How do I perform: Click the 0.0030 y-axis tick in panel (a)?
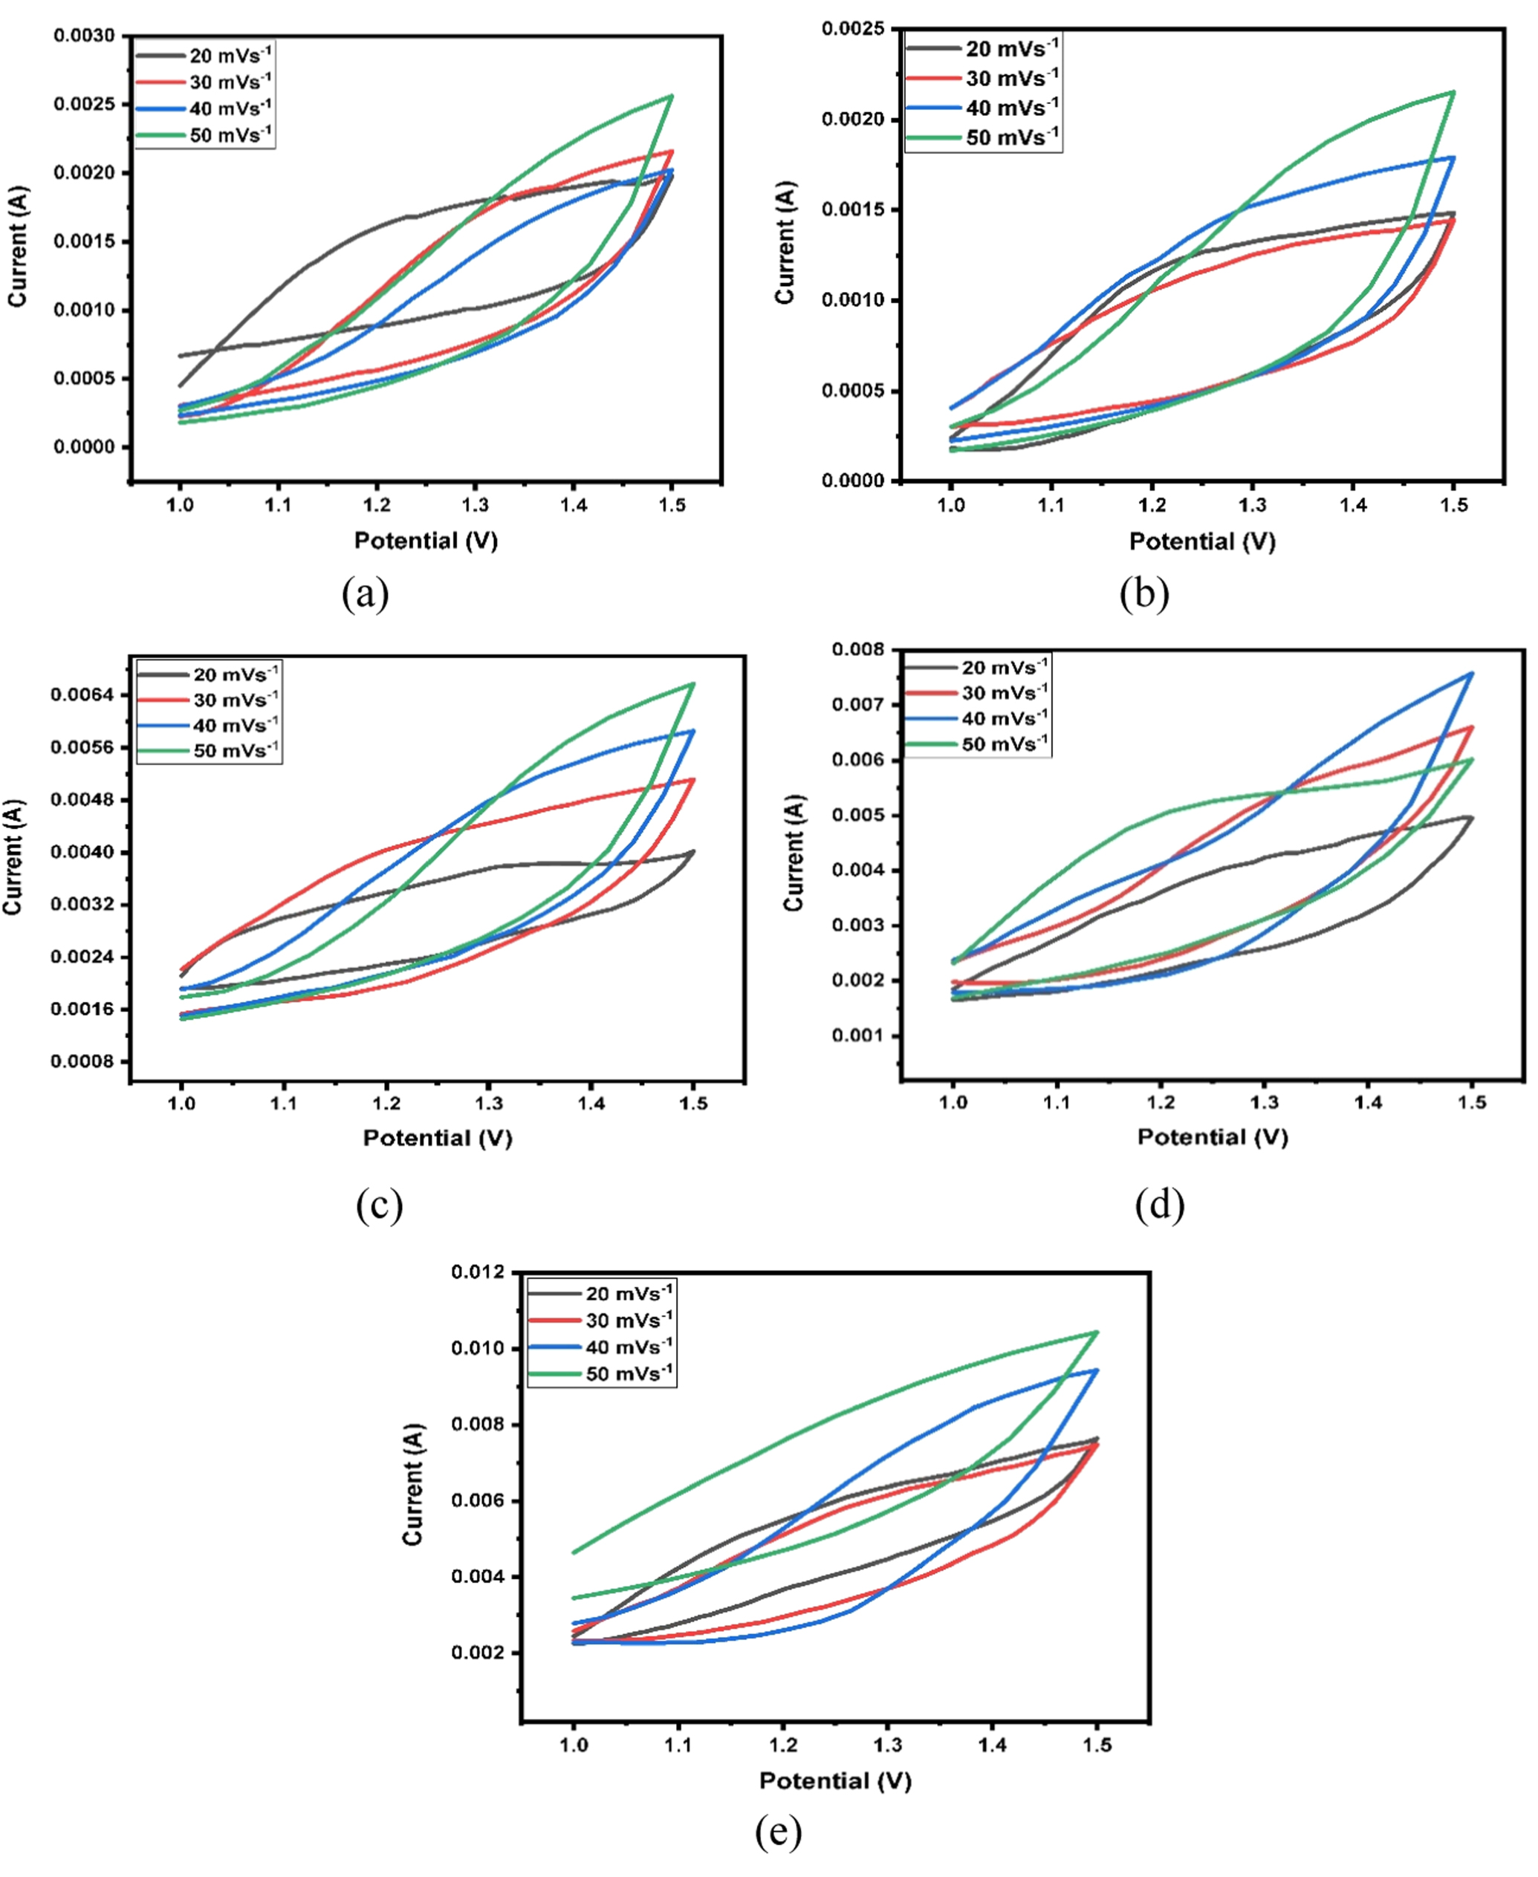(84, 36)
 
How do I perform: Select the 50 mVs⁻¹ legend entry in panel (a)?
(204, 134)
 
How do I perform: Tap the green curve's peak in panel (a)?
(672, 96)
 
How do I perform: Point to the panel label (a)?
(365, 593)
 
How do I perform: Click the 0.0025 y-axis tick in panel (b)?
(853, 29)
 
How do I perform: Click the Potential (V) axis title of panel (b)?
(1201, 541)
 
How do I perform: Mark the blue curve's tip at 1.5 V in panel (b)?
(1453, 157)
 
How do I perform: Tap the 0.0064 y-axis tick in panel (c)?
(82, 694)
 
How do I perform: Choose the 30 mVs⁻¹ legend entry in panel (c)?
(209, 700)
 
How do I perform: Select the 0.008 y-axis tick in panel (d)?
(858, 649)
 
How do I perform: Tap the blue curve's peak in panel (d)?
(1472, 673)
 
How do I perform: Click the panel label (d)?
(1159, 1204)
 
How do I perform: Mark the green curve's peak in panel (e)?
(1097, 1333)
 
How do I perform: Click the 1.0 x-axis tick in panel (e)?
(574, 1745)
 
